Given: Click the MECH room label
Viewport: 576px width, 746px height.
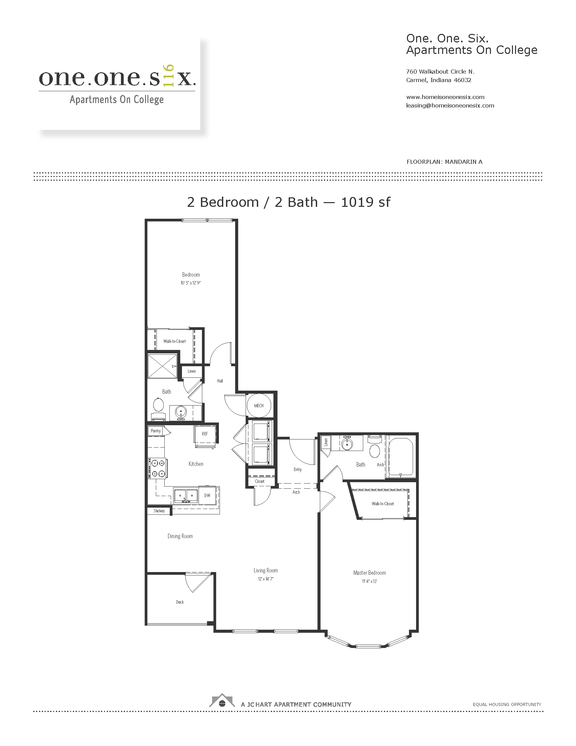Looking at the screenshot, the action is [259, 406].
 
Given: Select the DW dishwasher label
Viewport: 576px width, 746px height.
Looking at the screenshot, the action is [207, 495].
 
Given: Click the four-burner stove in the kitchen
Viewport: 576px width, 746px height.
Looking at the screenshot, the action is [158, 468].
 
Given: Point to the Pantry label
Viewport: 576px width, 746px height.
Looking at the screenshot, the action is [156, 431].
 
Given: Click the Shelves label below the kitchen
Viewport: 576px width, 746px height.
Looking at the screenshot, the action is [159, 511].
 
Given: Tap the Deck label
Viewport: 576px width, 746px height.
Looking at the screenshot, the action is [180, 602].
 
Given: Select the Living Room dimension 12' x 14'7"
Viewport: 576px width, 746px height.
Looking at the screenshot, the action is [266, 578].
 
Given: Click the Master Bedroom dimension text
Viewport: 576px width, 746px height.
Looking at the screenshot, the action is [370, 581].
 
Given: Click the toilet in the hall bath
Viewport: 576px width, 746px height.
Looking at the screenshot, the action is [158, 409].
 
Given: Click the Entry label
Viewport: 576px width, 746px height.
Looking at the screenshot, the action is [297, 469].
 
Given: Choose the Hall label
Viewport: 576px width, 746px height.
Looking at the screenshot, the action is [220, 380].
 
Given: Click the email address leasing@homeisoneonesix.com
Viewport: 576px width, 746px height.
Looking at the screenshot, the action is [450, 105].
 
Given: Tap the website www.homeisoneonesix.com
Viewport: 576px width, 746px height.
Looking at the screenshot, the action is [445, 97].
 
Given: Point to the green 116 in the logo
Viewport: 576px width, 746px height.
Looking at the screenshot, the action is [169, 76].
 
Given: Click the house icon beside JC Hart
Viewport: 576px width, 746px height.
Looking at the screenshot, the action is [222, 700].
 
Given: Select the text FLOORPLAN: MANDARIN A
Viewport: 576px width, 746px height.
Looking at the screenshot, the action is [445, 162].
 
